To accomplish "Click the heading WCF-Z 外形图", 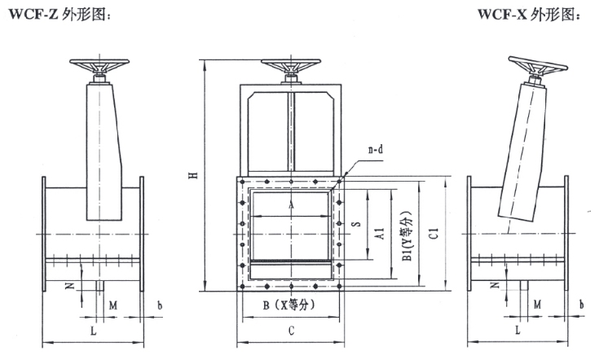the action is [59, 15].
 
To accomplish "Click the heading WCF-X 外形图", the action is [529, 15].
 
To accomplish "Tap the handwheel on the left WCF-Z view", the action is [99, 66].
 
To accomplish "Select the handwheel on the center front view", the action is [291, 66].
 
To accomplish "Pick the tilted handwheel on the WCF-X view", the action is [537, 66].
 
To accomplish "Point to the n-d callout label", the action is [376, 149].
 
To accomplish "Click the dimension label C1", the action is [434, 233].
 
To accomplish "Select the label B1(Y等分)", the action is [407, 236].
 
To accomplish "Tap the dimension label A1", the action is [380, 233].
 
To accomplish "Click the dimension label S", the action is [356, 224].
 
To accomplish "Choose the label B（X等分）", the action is [289, 305].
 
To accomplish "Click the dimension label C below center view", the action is [291, 331].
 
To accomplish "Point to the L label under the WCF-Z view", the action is [93, 331].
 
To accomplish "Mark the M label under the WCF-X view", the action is [537, 305].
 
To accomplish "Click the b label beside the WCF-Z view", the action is [160, 305].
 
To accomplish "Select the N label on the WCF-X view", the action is [495, 285].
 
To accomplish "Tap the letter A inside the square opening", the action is [291, 205].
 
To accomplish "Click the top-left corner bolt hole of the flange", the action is [243, 182].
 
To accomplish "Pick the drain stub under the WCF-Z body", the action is [100, 286].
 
